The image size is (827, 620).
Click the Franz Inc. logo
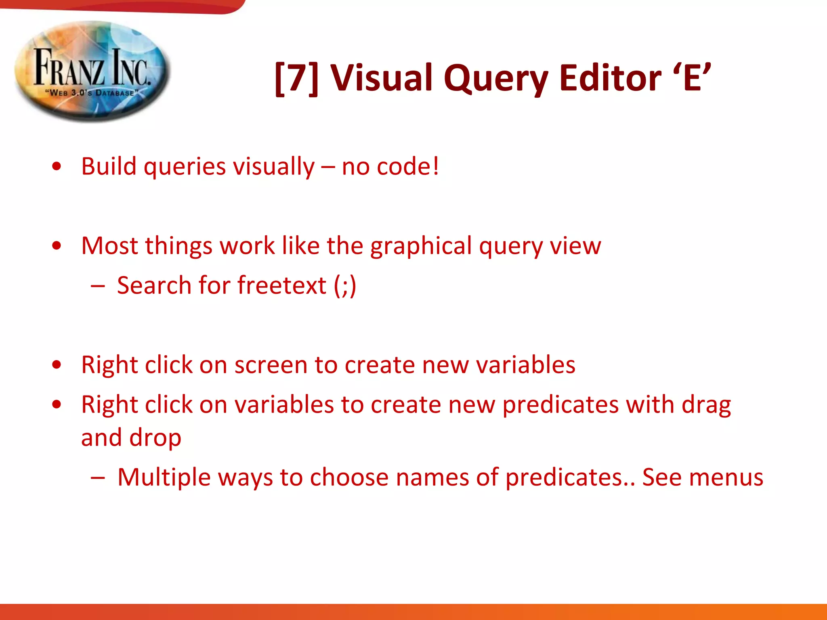[x=92, y=71]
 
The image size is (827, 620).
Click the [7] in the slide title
[x=296, y=78]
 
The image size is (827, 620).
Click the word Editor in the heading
[x=610, y=78]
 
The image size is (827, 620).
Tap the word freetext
[x=282, y=285]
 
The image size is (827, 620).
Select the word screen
[x=271, y=365]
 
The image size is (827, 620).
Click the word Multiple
[x=164, y=478]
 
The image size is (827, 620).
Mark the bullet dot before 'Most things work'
[x=57, y=245]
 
